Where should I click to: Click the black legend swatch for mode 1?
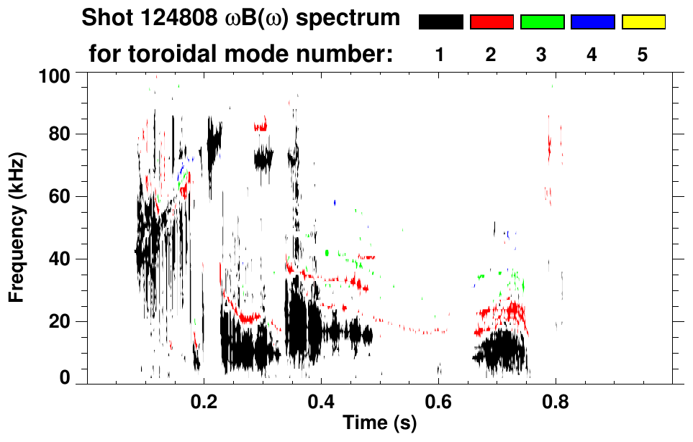coord(440,22)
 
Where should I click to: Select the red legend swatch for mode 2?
coord(492,22)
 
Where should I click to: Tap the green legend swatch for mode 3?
coord(542,22)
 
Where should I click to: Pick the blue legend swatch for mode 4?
coord(592,22)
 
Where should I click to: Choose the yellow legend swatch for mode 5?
coord(643,22)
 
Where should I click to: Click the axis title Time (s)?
coord(379,424)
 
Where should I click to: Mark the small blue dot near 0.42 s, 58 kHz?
coord(335,203)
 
